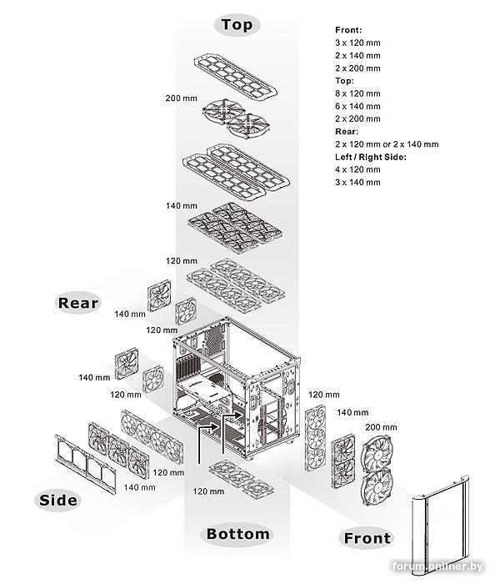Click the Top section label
coord(237,24)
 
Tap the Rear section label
coord(78,302)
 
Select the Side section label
coord(58,500)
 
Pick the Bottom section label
coord(238,534)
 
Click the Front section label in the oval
coord(367,538)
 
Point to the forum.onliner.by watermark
coord(437,566)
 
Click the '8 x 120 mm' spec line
coord(357,93)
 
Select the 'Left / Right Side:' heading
coord(371,157)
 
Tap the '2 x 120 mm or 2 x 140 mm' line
coord(387,144)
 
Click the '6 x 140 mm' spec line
coord(357,106)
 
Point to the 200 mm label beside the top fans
coord(181,98)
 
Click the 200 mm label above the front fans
coord(381,427)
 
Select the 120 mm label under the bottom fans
coord(208,491)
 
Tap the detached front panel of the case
coord(440,523)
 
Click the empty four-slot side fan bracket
coord(85,464)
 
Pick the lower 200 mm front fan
coord(377,486)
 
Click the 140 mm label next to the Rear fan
coord(130,314)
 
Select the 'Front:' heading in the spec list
coord(348,30)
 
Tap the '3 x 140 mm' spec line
coord(357,182)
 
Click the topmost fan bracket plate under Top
coord(236,77)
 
